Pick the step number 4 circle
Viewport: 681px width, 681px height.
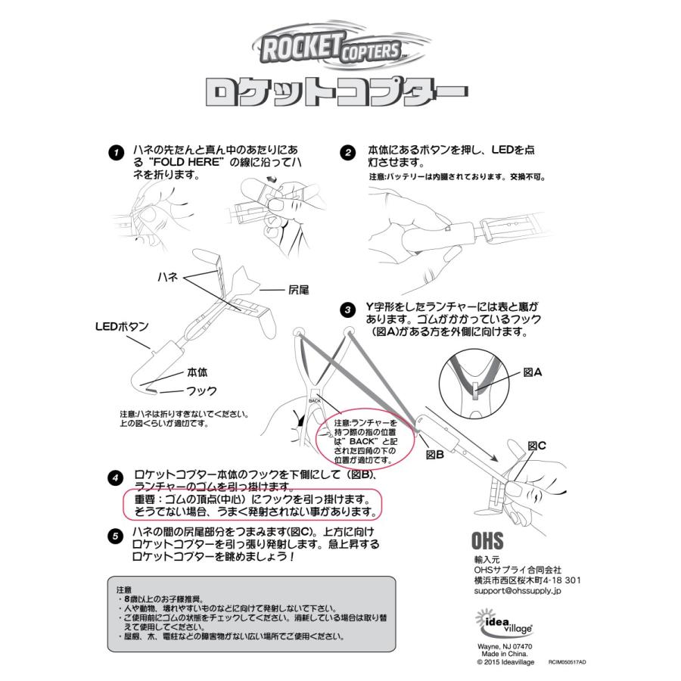(114, 478)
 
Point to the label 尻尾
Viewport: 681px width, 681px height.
(299, 291)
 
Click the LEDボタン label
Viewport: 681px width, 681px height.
(121, 327)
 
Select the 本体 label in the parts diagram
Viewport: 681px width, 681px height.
(197, 372)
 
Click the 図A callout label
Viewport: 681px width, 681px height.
(533, 373)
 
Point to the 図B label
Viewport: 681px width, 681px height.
(434, 455)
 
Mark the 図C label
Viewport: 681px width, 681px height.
(536, 446)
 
